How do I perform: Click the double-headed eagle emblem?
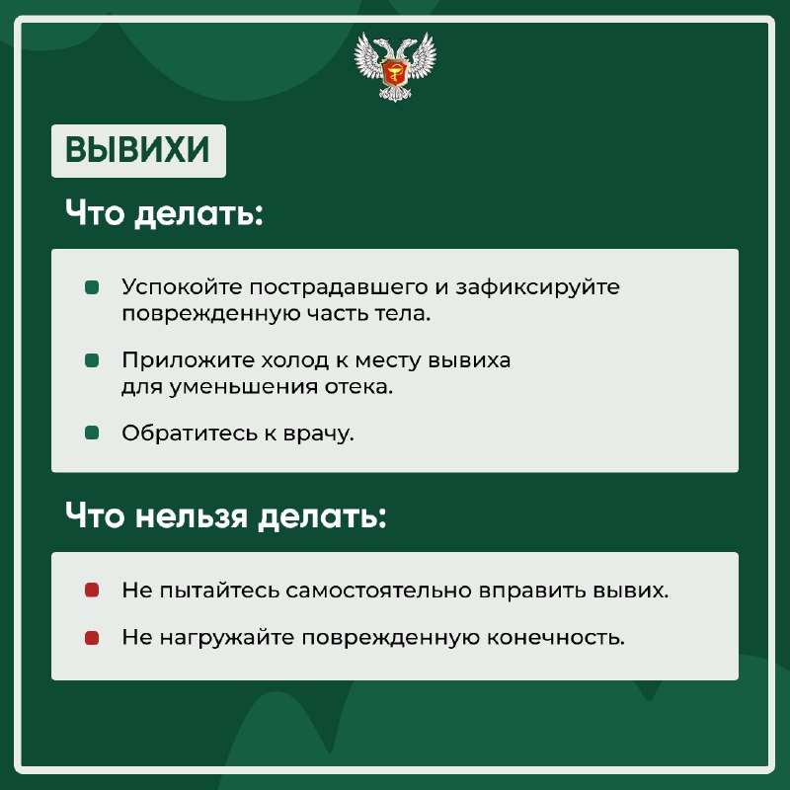(395, 67)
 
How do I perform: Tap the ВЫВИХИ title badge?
(138, 151)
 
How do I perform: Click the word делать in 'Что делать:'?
(199, 213)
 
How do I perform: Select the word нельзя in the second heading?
(192, 515)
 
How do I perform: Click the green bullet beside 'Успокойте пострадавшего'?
(92, 287)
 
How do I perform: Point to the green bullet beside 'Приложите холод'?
(92, 360)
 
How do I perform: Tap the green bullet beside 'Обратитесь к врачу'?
(92, 433)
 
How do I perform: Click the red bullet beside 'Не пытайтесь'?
(92, 590)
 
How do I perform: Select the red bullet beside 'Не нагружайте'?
(92, 638)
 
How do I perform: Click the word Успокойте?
(183, 287)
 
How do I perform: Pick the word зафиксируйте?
(537, 287)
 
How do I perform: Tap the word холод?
(294, 359)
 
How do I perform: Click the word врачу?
(318, 434)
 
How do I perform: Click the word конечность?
(556, 638)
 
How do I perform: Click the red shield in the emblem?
(395, 71)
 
